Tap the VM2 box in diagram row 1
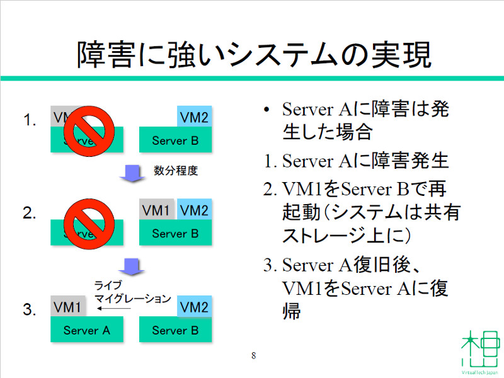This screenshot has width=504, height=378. [194, 117]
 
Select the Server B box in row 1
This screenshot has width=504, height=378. [175, 140]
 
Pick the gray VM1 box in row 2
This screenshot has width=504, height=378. [156, 210]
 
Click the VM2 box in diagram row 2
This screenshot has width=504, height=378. [194, 210]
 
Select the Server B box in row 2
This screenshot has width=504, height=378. [175, 233]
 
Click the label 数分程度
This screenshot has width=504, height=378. [176, 171]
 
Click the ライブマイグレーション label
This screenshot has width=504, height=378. [132, 292]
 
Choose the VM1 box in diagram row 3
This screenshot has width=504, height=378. [67, 307]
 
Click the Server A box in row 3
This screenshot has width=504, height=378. [86, 330]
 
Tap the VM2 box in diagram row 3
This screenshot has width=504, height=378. [194, 307]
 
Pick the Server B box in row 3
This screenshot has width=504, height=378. [175, 330]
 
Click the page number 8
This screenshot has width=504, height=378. [253, 355]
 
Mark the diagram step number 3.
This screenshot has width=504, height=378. [28, 309]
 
